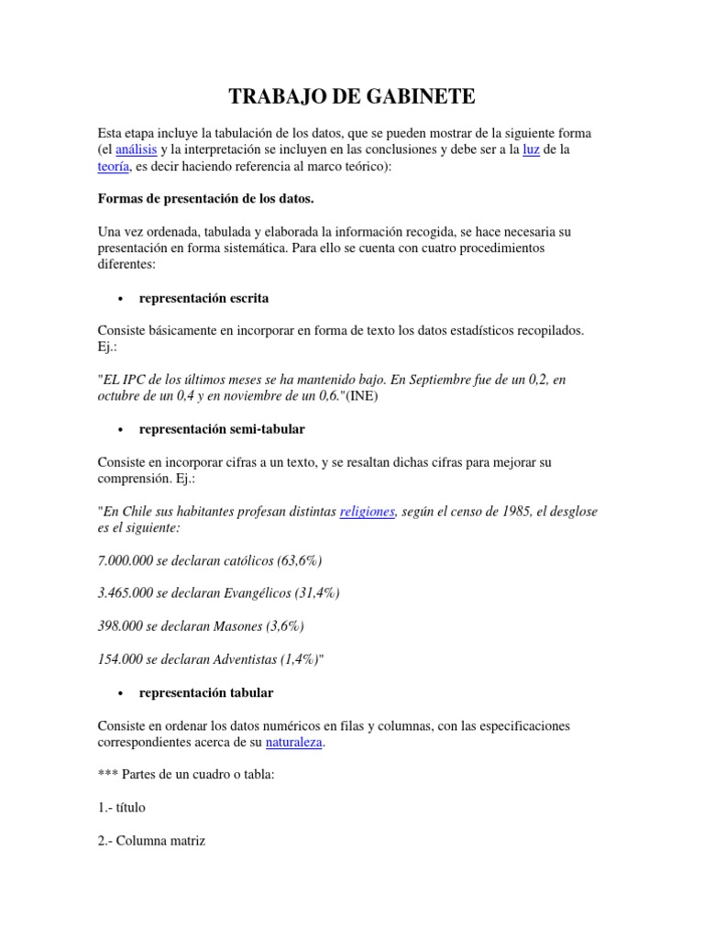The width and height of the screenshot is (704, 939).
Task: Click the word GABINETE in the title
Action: [x=424, y=97]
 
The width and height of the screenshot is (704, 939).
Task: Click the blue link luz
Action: [x=531, y=149]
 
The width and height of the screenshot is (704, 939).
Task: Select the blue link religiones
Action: [x=367, y=512]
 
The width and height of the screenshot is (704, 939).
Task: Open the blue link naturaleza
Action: [x=293, y=742]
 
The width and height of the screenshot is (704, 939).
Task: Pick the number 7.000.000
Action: [x=126, y=560]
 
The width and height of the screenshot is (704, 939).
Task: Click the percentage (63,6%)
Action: [x=293, y=560]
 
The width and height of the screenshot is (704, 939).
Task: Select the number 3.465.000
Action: [x=126, y=593]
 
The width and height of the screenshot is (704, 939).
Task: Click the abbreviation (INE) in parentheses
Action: [x=361, y=396]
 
